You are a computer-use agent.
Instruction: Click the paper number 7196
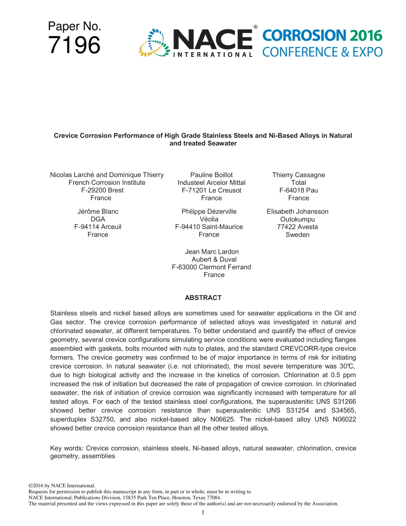click(x=74, y=45)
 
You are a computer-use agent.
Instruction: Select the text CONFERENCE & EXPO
click(x=322, y=52)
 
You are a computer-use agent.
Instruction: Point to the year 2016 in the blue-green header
click(x=365, y=35)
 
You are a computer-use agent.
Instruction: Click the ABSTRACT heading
click(x=203, y=298)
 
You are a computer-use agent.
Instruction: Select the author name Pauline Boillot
click(x=212, y=175)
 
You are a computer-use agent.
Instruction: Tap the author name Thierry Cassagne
click(x=298, y=175)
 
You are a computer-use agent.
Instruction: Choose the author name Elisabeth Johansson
click(x=297, y=212)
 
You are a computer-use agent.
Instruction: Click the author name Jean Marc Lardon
click(x=212, y=252)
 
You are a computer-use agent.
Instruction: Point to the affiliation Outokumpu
click(x=297, y=219)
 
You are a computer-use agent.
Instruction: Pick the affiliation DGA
click(x=98, y=219)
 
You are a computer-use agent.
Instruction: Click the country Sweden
click(x=297, y=235)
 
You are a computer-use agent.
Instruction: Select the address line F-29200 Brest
click(x=102, y=190)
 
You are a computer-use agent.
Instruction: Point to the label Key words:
click(x=67, y=448)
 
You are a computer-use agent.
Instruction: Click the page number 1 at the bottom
click(x=203, y=512)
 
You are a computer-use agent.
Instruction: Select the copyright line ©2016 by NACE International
click(x=62, y=486)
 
